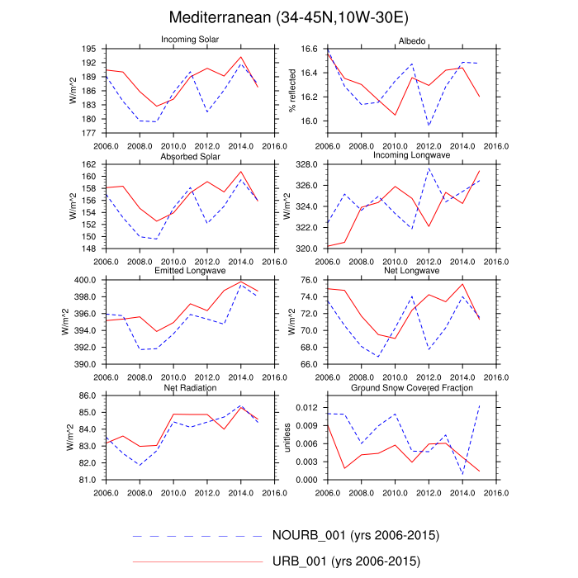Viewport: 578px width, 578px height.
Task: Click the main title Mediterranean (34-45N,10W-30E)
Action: point(289,17)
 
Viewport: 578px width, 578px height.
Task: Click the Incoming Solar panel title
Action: point(190,40)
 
